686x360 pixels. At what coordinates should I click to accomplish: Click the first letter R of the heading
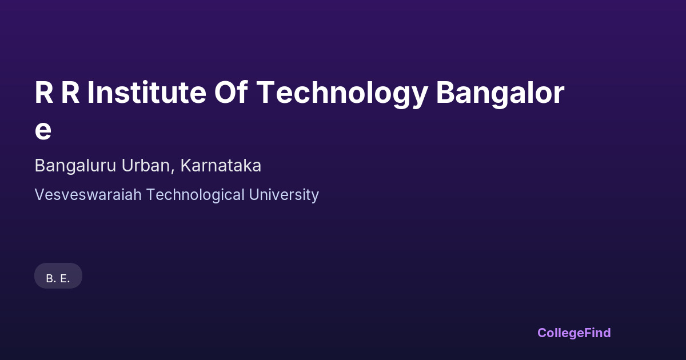click(x=45, y=93)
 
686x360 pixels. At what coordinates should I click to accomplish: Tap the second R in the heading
click(x=71, y=93)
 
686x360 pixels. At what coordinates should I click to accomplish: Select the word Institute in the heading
click(x=147, y=92)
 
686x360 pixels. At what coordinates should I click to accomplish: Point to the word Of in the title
click(x=231, y=92)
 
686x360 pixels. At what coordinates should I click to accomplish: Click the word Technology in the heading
click(x=342, y=94)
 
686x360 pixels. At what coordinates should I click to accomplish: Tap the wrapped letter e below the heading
click(x=43, y=131)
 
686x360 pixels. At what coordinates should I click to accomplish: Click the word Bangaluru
click(x=75, y=166)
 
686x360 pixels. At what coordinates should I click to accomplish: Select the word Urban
click(x=146, y=165)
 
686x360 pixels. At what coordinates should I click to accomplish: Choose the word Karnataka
click(x=221, y=165)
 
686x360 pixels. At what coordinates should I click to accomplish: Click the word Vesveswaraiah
click(x=88, y=195)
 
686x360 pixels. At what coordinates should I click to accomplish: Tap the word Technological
click(x=196, y=195)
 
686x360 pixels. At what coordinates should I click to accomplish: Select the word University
click(x=284, y=195)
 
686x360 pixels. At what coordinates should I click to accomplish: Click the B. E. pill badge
click(x=58, y=276)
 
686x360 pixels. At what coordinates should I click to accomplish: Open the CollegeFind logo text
click(x=574, y=333)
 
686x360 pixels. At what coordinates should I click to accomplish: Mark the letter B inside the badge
click(x=50, y=279)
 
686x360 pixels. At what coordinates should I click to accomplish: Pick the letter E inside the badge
click(x=63, y=279)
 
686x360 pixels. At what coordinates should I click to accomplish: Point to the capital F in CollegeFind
click(x=588, y=333)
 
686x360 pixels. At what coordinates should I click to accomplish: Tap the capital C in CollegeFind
click(x=543, y=333)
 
